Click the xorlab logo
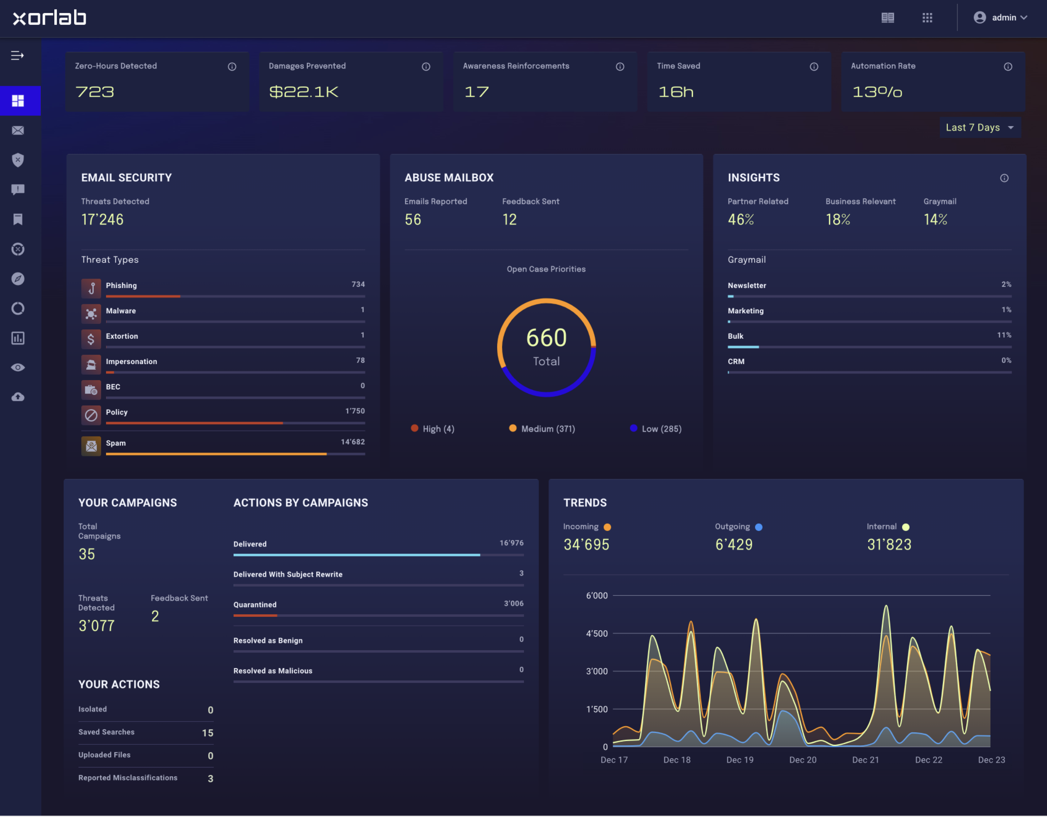(x=49, y=18)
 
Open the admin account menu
(x=1000, y=17)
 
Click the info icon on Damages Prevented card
(x=426, y=66)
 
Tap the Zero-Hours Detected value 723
(x=95, y=92)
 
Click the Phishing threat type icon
(x=91, y=288)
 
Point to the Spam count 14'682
(x=353, y=442)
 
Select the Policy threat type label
(x=117, y=412)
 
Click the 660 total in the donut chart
(x=546, y=338)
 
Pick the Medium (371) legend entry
(x=542, y=428)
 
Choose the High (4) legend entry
(x=432, y=428)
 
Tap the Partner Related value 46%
(x=741, y=219)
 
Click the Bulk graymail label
(x=735, y=336)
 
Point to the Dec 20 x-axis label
(x=802, y=760)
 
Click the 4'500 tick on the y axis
(x=597, y=634)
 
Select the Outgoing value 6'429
(x=734, y=545)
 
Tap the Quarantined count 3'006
(x=514, y=603)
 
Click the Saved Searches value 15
(x=208, y=733)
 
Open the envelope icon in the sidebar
(x=18, y=131)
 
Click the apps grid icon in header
(x=927, y=18)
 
